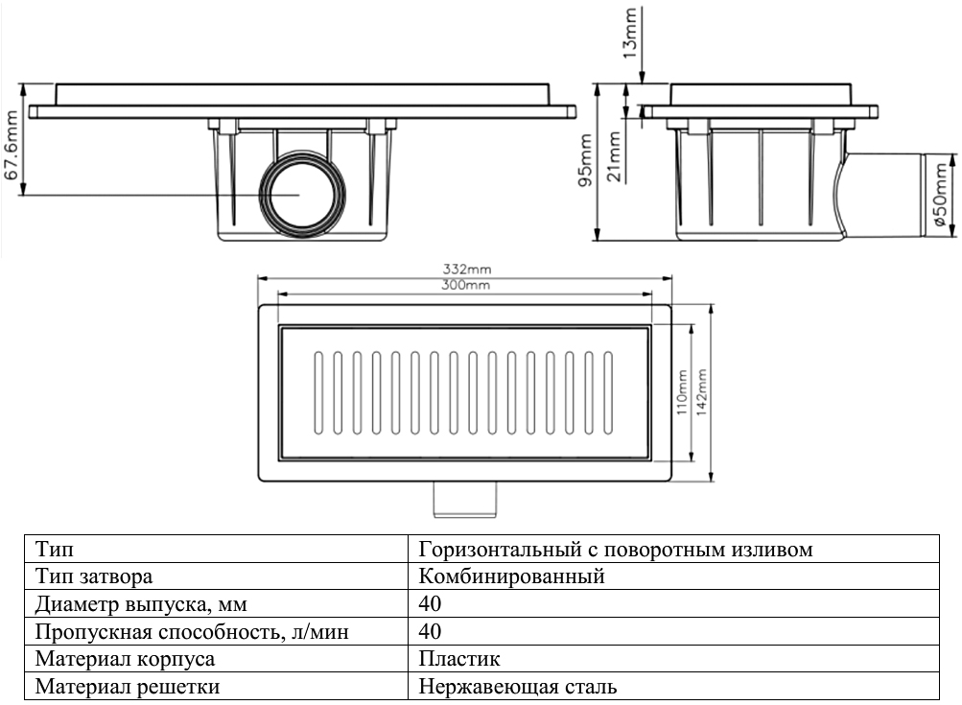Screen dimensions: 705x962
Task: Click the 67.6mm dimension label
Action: click(12, 145)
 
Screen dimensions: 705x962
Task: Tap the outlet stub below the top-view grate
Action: click(463, 498)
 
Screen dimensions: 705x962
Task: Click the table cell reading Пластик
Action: click(459, 660)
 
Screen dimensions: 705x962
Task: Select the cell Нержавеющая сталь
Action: click(518, 687)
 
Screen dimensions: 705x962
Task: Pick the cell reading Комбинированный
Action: click(511, 577)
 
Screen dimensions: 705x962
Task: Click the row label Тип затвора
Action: click(94, 577)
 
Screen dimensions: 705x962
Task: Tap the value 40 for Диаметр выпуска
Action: click(430, 605)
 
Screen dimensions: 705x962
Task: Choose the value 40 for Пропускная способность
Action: click(430, 632)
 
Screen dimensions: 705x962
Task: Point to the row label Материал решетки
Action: click(127, 687)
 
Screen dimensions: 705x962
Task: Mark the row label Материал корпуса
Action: click(125, 660)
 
